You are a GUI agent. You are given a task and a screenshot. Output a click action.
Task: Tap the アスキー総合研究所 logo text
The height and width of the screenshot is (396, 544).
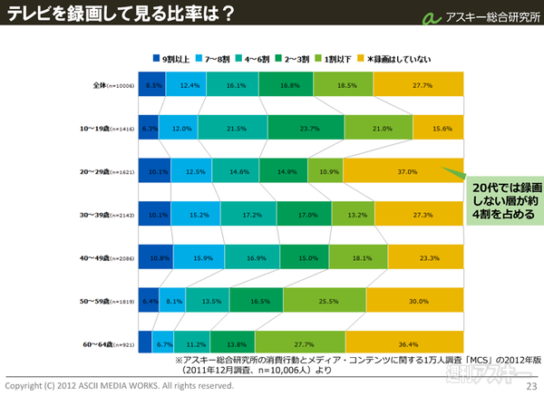(488, 18)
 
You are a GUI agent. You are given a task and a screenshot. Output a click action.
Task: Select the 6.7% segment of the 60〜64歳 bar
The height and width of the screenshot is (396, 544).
(163, 344)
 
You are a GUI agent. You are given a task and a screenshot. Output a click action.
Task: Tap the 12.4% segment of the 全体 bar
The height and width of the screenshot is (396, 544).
(189, 84)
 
